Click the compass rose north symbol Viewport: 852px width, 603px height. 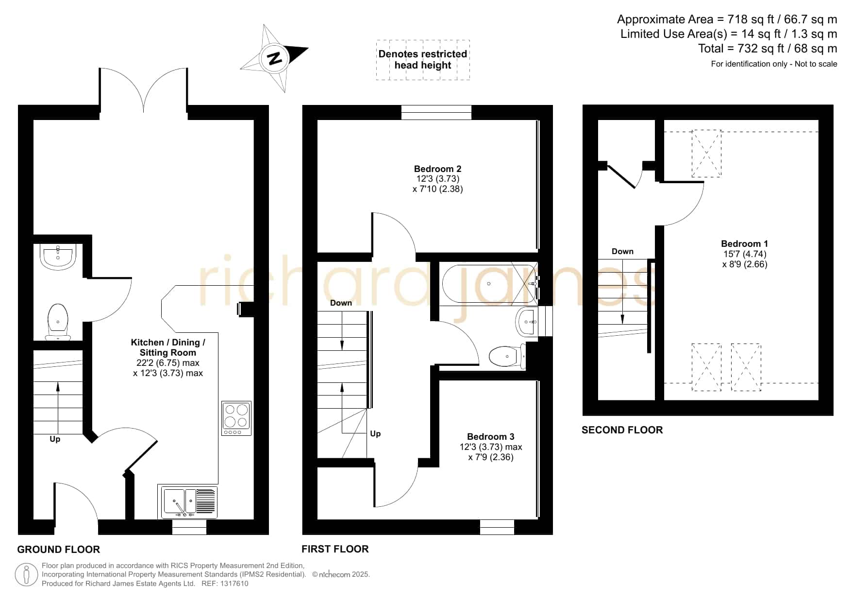click(x=275, y=58)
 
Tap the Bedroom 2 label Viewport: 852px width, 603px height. click(x=437, y=169)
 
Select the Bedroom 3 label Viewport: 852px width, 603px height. click(x=490, y=437)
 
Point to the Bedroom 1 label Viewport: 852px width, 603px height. click(x=744, y=244)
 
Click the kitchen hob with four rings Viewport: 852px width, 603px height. click(x=236, y=418)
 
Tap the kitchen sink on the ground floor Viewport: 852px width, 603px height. click(x=187, y=501)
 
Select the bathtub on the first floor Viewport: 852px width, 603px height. click(x=489, y=284)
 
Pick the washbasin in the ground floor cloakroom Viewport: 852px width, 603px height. click(x=58, y=257)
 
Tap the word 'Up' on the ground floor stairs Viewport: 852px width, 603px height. click(x=55, y=439)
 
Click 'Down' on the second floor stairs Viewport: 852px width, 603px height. click(x=622, y=251)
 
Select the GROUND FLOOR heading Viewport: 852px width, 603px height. click(x=58, y=550)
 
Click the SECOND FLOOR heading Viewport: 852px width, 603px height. click(x=622, y=430)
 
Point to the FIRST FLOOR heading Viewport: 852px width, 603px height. click(x=335, y=549)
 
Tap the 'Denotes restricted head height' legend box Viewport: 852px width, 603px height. click(x=423, y=60)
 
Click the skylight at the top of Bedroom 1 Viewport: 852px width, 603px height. click(x=706, y=153)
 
